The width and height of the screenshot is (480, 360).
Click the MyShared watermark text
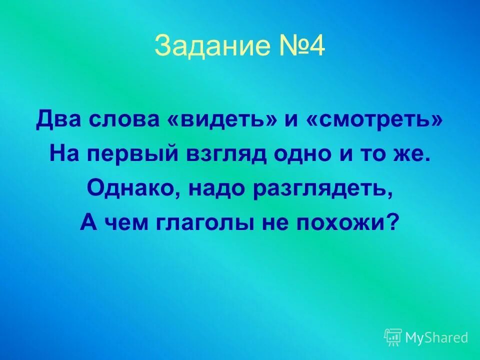click(x=436, y=338)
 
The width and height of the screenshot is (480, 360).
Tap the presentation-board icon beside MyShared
click(x=393, y=337)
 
